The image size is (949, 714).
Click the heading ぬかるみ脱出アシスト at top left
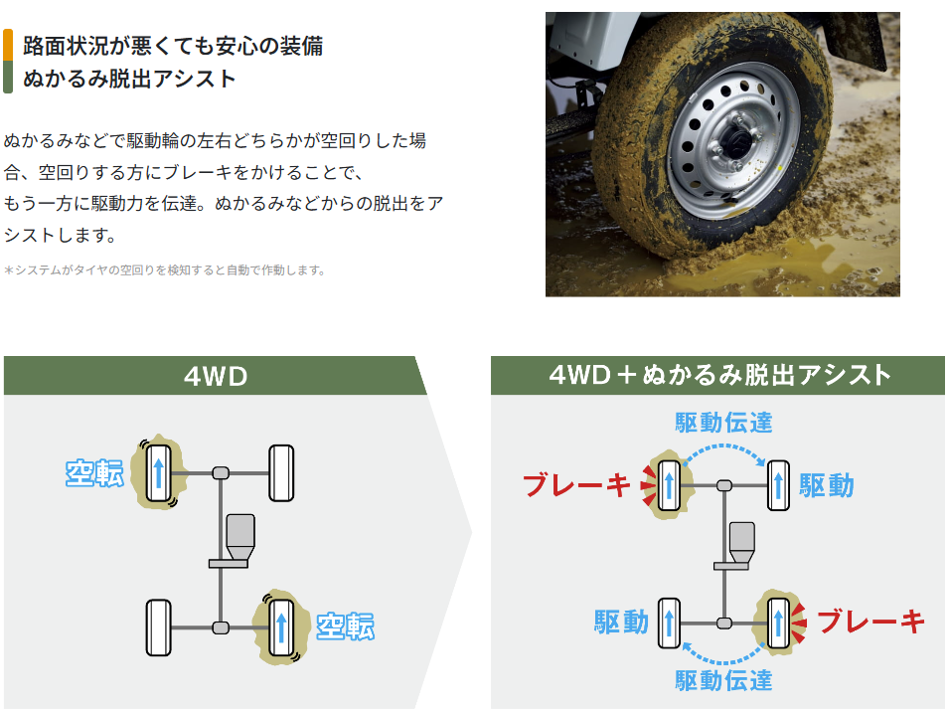(x=129, y=79)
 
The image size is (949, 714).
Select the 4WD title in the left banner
(x=215, y=376)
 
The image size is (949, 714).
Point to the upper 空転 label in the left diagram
(x=94, y=473)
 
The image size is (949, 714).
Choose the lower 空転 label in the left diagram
(x=345, y=626)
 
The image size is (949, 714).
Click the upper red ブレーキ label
(x=577, y=485)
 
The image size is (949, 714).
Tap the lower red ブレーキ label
(x=870, y=623)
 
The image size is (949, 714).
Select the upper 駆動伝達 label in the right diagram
(x=723, y=422)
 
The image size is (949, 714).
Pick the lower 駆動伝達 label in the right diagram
(x=723, y=680)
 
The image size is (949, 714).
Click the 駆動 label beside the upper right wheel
(x=827, y=485)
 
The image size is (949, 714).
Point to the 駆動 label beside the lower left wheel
(x=621, y=623)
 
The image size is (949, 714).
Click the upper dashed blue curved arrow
(x=723, y=450)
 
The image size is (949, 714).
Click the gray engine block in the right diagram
(x=742, y=542)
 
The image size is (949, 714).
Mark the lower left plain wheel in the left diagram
(x=159, y=627)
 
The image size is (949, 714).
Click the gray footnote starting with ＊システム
(x=165, y=269)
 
